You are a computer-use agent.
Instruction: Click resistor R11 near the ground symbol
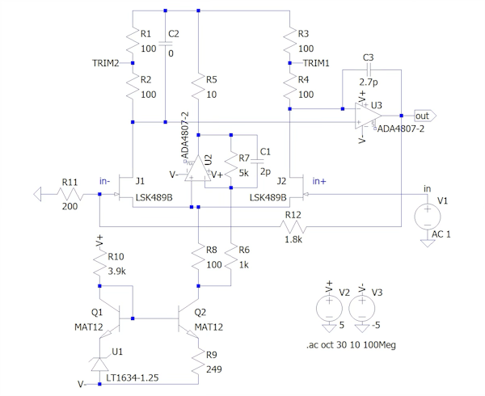click(x=70, y=194)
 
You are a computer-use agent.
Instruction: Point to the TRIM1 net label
click(x=317, y=62)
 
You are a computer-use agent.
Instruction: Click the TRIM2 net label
click(x=105, y=62)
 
